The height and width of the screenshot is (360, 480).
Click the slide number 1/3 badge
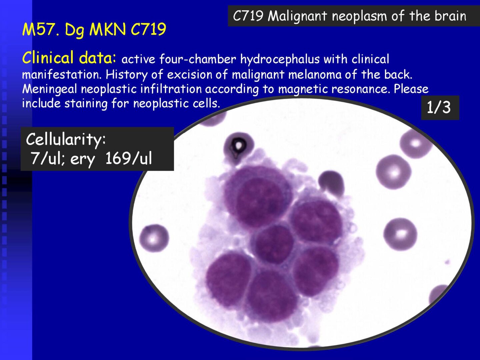tap(440, 108)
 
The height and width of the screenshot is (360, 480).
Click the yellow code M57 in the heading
tap(41, 29)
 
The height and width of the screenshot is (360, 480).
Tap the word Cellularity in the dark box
tap(66, 139)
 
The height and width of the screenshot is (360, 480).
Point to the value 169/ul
tap(129, 158)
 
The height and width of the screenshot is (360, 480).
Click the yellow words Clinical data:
tap(69, 57)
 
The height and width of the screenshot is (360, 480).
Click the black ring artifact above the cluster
tap(239, 145)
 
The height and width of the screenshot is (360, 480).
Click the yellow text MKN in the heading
tap(107, 29)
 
